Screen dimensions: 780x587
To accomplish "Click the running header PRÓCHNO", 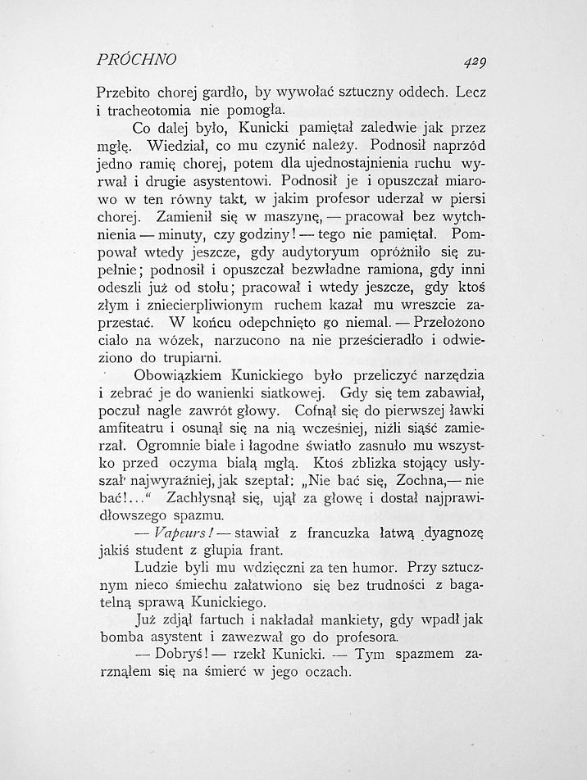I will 137,60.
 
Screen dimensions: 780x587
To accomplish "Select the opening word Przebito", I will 124,92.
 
